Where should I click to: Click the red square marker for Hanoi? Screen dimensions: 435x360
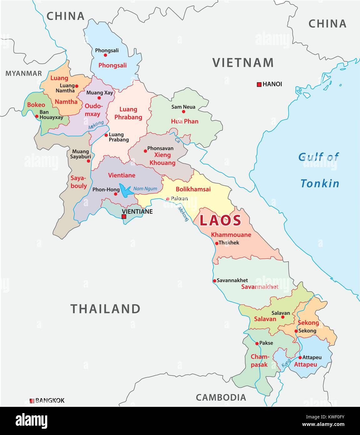tap(259, 84)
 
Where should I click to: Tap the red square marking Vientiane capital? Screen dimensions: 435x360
tap(124, 217)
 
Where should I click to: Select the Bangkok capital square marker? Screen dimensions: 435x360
tap(32, 401)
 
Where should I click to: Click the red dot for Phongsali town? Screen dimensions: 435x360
tap(105, 55)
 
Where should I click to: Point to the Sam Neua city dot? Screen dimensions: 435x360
tap(184, 111)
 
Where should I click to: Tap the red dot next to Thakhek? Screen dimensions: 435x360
tap(217, 243)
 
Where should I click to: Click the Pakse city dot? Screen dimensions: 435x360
tap(257, 343)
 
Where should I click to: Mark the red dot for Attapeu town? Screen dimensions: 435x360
tap(300, 357)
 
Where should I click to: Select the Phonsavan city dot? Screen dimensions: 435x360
tap(145, 151)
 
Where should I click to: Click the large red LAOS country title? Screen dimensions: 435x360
tap(221, 221)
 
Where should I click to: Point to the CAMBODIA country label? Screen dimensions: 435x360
tap(221, 397)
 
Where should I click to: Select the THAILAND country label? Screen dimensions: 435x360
tap(105, 309)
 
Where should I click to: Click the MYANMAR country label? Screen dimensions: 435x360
tap(23, 73)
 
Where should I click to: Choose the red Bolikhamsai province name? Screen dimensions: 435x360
tap(193, 189)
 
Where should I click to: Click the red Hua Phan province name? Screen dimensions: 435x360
tap(185, 121)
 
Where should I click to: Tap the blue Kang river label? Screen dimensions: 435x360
tap(286, 363)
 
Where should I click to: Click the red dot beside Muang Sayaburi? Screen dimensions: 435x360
tap(89, 161)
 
